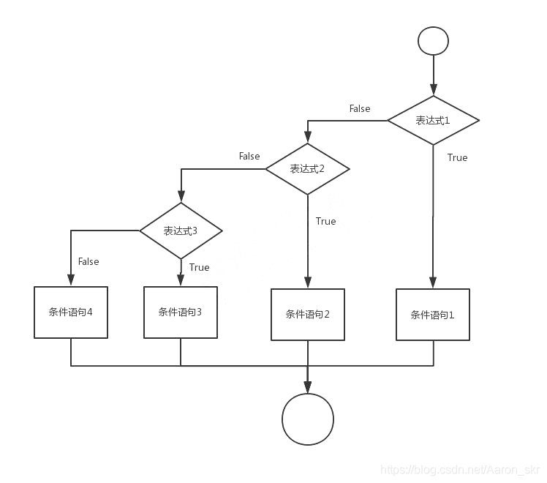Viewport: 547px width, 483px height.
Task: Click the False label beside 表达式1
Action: pos(360,108)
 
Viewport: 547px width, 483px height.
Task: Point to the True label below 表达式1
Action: pos(457,158)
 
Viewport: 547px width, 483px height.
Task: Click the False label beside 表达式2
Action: pos(249,156)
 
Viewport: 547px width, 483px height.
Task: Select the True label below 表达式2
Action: pos(326,221)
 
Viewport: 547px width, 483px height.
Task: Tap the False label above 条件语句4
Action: pos(88,261)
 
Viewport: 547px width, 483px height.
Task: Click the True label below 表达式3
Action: pos(199,267)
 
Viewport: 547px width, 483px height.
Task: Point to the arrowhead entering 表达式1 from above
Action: pos(433,90)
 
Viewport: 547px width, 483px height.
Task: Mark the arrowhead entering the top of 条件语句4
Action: pos(71,280)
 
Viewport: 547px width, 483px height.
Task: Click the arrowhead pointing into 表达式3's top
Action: pos(181,196)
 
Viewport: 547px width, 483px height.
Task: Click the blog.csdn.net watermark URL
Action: pos(460,470)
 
